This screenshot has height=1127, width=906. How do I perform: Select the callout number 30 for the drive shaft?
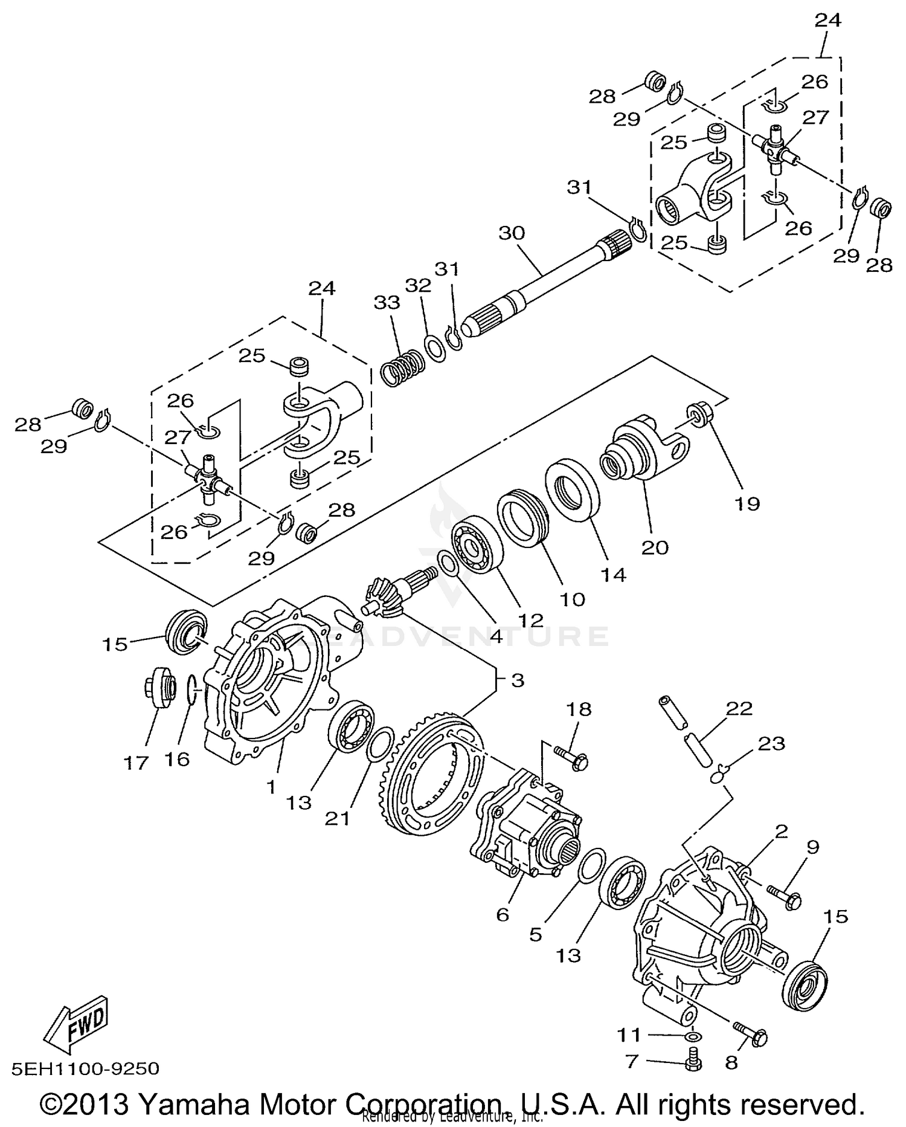[512, 233]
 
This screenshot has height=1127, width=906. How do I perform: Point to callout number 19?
[747, 503]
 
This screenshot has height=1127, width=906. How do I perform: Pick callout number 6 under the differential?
[503, 915]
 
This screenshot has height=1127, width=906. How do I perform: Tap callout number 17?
[136, 763]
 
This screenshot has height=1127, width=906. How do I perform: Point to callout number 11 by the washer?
[628, 1036]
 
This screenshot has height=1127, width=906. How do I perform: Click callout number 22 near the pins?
[740, 708]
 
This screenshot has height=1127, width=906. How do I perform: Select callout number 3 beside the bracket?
[517, 680]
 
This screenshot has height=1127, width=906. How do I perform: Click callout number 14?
[613, 574]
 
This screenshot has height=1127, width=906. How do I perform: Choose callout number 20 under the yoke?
[655, 547]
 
